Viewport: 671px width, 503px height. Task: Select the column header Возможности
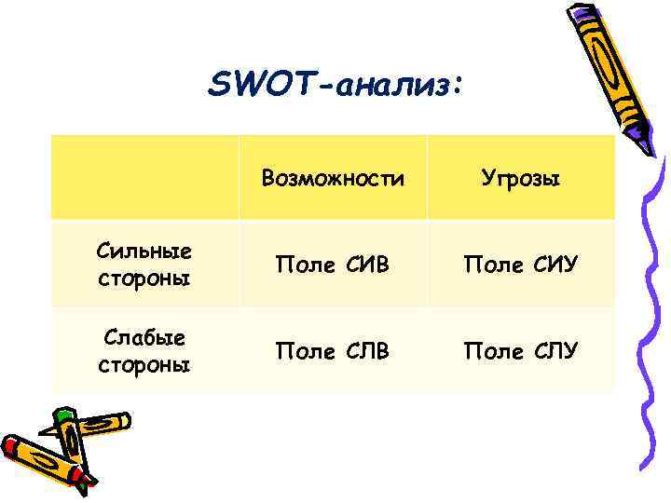tap(333, 178)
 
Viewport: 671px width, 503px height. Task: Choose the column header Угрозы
tap(520, 178)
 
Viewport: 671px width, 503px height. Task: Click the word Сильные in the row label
tap(144, 252)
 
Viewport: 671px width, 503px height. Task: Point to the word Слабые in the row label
tap(144, 338)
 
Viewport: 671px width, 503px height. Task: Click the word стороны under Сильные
tap(144, 279)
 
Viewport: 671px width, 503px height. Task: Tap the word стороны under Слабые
tap(144, 364)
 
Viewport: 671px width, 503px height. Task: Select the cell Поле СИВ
tap(333, 265)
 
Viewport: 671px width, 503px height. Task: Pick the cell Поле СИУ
tap(520, 265)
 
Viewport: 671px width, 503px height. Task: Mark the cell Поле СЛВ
tap(333, 350)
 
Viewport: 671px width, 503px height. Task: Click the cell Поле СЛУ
tap(520, 350)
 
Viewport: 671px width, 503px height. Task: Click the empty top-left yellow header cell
tap(144, 177)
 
